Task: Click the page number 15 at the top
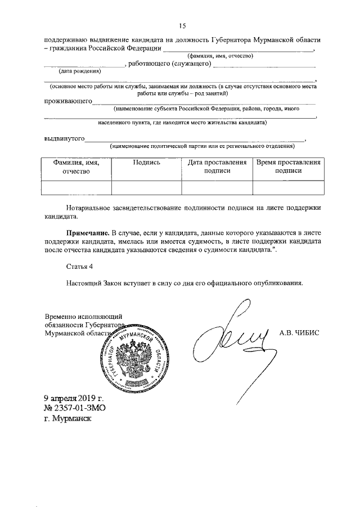(x=182, y=26)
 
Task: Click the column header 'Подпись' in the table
(x=147, y=162)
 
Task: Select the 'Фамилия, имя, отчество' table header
(x=76, y=166)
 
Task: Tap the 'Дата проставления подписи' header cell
(x=217, y=166)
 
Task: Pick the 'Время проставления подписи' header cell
(x=289, y=166)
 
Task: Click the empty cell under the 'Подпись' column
(x=147, y=187)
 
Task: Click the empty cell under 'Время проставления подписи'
(x=289, y=187)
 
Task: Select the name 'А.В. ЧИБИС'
(x=299, y=332)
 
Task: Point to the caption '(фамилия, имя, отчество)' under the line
(x=220, y=56)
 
